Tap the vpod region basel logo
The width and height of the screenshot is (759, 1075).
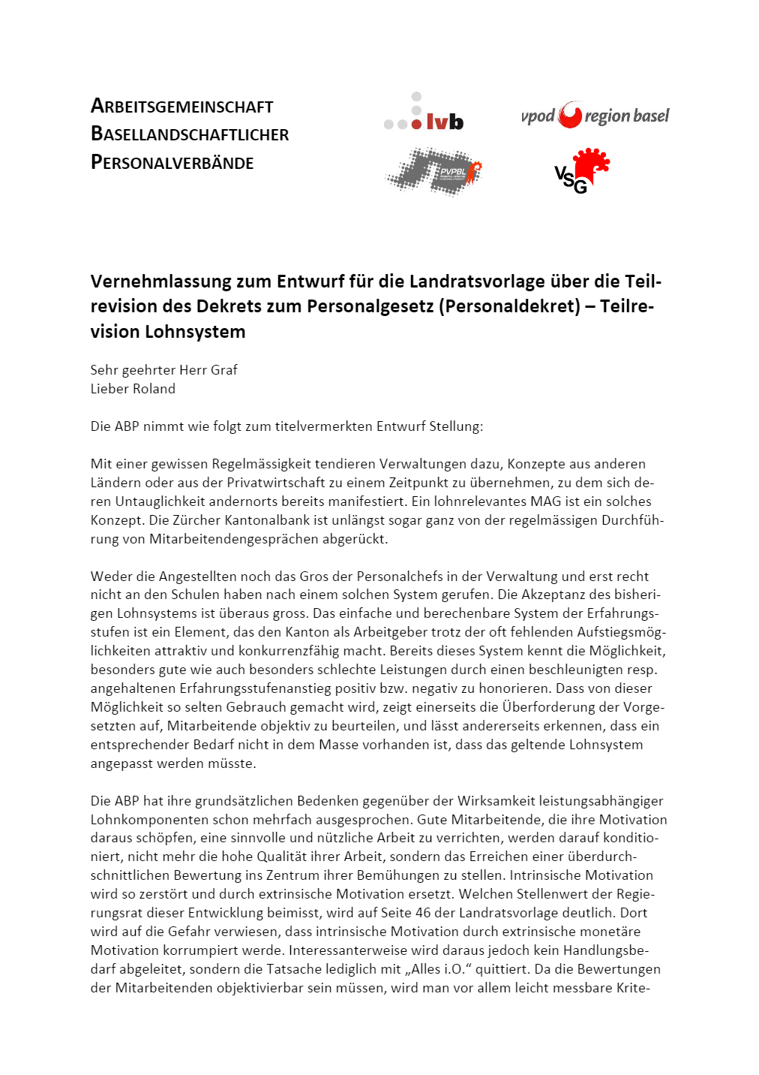pyautogui.click(x=595, y=116)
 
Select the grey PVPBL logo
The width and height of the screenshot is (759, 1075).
pyautogui.click(x=433, y=172)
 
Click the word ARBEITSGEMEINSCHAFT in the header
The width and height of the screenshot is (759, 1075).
pyautogui.click(x=181, y=107)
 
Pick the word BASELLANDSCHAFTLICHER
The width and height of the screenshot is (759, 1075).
pyautogui.click(x=190, y=134)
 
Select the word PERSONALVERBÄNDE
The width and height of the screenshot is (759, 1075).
pyautogui.click(x=172, y=162)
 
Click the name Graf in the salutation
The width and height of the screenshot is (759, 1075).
pyautogui.click(x=223, y=370)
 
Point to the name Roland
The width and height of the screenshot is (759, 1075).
pyautogui.click(x=155, y=389)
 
